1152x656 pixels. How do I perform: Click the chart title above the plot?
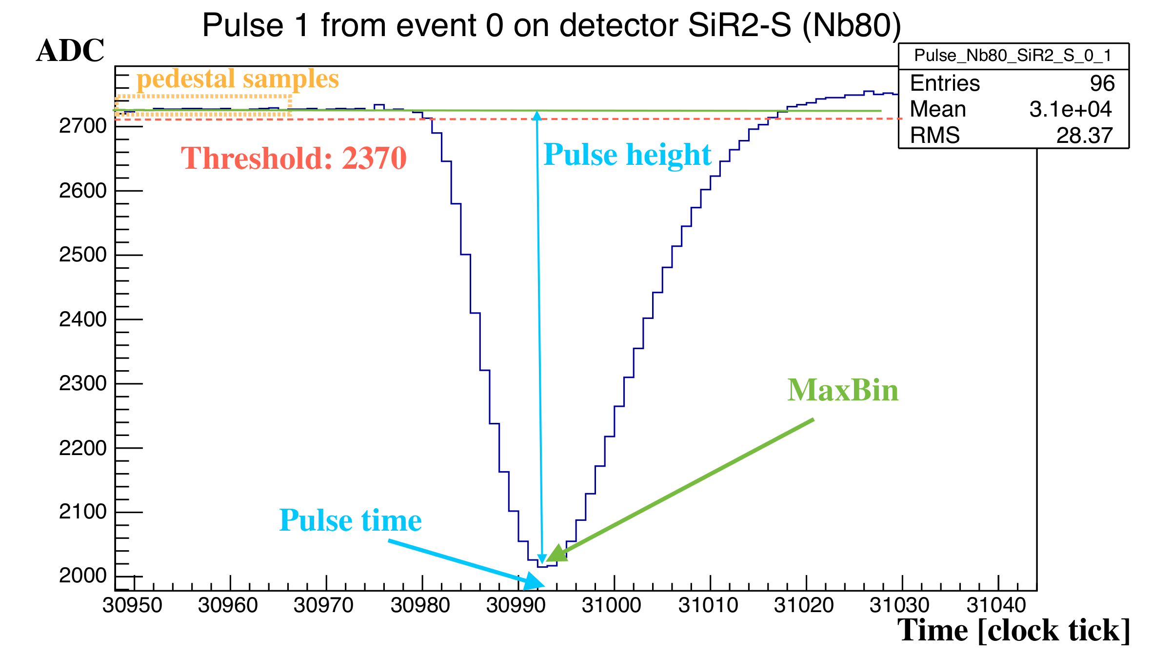[x=551, y=25]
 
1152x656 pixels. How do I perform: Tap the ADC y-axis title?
[x=70, y=51]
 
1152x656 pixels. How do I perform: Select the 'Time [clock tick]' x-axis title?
[x=1013, y=630]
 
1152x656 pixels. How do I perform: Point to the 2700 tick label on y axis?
[x=82, y=126]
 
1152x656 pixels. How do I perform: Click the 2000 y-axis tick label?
[x=82, y=576]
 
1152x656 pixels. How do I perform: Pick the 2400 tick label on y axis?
[x=82, y=319]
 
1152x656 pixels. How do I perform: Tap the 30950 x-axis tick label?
[x=132, y=605]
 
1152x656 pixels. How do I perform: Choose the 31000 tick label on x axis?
[x=612, y=605]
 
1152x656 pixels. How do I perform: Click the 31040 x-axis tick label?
[x=996, y=605]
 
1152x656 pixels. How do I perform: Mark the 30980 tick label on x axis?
[x=420, y=605]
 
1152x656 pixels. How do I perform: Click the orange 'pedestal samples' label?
[x=238, y=79]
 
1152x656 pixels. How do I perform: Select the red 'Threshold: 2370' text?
[x=294, y=158]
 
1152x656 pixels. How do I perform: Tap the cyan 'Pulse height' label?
[x=627, y=155]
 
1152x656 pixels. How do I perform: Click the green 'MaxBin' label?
[x=843, y=390]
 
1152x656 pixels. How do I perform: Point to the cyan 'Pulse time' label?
[x=350, y=520]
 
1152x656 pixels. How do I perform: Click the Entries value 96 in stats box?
[x=1102, y=83]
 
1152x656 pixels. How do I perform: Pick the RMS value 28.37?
[x=1084, y=136]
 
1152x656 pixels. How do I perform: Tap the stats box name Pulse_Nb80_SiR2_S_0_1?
[x=1013, y=56]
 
